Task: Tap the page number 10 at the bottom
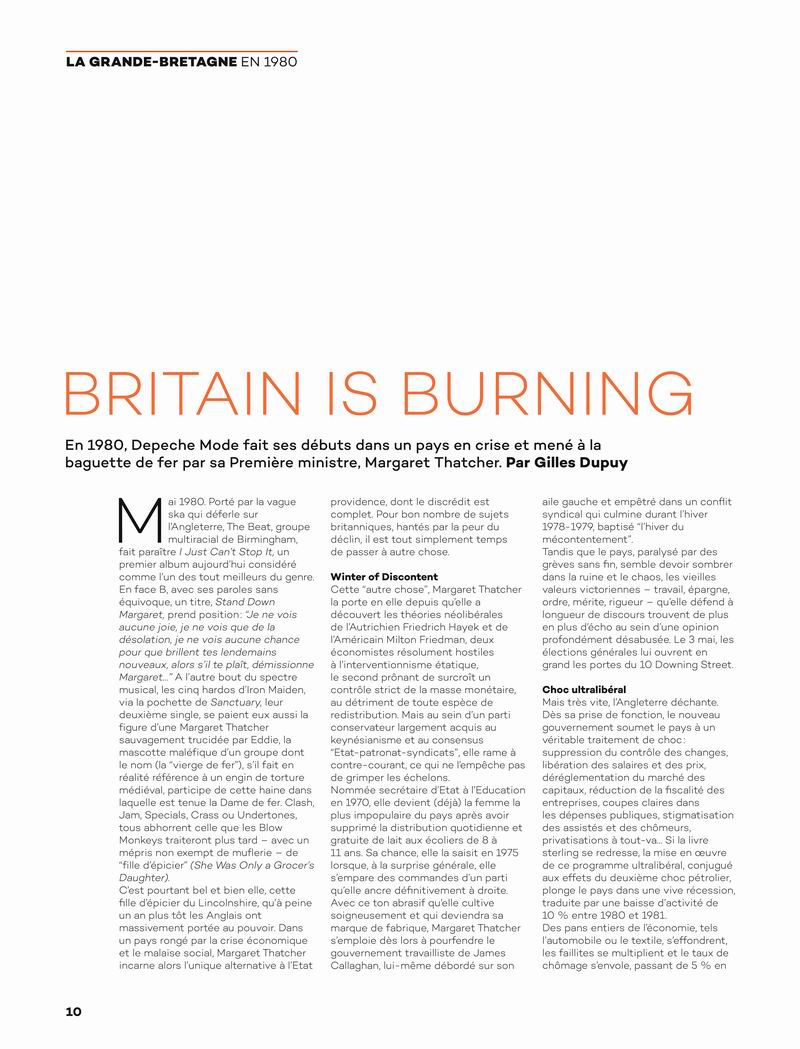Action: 73,1011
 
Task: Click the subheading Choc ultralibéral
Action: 585,689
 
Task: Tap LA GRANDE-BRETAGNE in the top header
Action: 151,63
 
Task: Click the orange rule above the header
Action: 181,50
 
